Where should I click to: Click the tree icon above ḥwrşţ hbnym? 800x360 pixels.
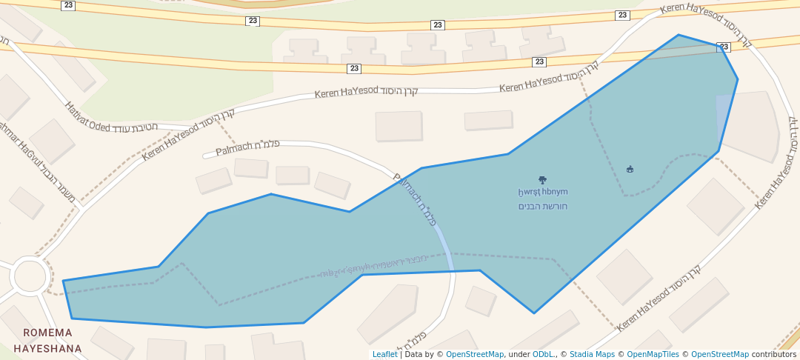tap(542, 180)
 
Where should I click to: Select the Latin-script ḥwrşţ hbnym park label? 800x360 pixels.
tap(542, 193)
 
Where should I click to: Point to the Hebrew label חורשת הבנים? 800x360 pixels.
tap(542, 206)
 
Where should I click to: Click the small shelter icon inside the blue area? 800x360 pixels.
tap(630, 170)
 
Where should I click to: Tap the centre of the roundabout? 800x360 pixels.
tap(30, 276)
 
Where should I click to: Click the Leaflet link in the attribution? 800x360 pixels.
tap(384, 354)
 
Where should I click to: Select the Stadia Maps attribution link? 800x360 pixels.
tap(591, 354)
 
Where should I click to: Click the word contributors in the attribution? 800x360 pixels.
tap(774, 354)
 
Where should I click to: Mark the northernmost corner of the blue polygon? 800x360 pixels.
tap(678, 35)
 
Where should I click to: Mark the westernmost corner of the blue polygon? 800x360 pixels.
tap(64, 281)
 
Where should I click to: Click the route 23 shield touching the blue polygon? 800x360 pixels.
tap(724, 47)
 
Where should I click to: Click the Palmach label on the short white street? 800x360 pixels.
tap(247, 147)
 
